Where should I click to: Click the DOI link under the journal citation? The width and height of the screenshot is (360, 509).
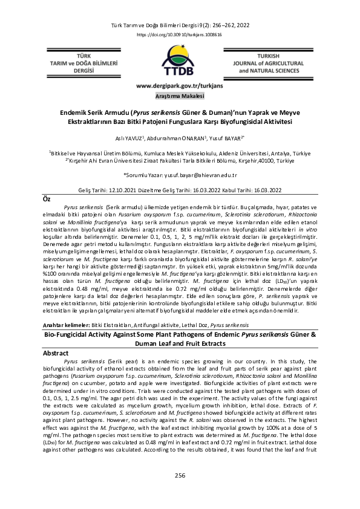180,36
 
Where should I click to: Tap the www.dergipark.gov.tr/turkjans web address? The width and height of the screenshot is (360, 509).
180,86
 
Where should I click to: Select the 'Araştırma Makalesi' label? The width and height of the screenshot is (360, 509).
180,96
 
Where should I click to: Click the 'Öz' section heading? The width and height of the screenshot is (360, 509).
45,199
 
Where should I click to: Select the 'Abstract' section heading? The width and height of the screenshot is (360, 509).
57,352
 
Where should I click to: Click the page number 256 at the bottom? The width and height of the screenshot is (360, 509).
180,476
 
